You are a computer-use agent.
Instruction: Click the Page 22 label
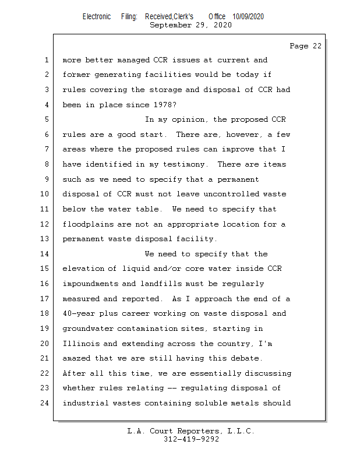pyautogui.click(x=305, y=46)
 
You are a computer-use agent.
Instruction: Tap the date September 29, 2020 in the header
pyautogui.click(x=190, y=25)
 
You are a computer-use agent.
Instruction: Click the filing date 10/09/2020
pyautogui.click(x=248, y=17)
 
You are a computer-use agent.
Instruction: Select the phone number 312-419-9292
pyautogui.click(x=191, y=439)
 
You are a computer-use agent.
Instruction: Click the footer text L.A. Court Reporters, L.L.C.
pyautogui.click(x=191, y=431)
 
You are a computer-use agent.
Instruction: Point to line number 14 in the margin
pyautogui.click(x=46, y=254)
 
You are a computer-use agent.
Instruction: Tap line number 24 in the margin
pyautogui.click(x=46, y=403)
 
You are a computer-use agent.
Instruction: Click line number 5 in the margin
pyautogui.click(x=46, y=119)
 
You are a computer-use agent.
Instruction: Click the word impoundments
pyautogui.click(x=90, y=284)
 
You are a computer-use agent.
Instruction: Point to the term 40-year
pyautogui.click(x=78, y=313)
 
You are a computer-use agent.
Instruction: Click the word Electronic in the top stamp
pyautogui.click(x=97, y=17)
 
